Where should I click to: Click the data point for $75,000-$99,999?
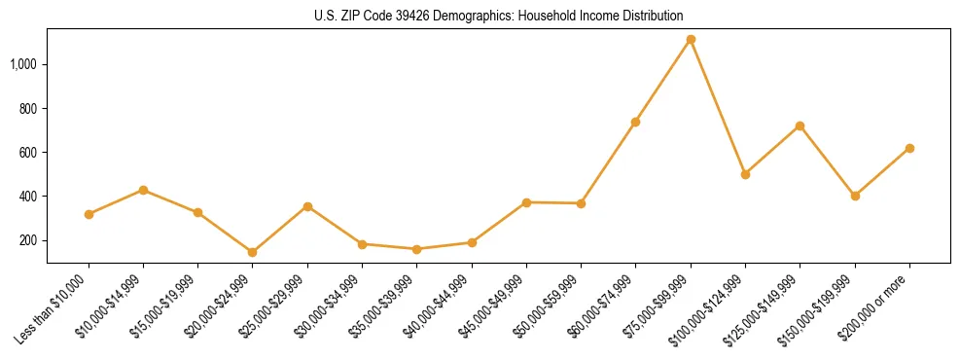click(691, 40)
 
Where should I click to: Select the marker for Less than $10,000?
click(89, 214)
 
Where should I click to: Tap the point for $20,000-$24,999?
click(253, 252)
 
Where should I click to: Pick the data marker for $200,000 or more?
click(909, 148)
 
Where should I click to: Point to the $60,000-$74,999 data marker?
click(635, 122)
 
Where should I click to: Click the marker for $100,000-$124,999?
click(745, 174)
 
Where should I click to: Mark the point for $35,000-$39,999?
click(417, 249)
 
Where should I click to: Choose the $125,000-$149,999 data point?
click(800, 126)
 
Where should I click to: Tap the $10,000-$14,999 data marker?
click(143, 190)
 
